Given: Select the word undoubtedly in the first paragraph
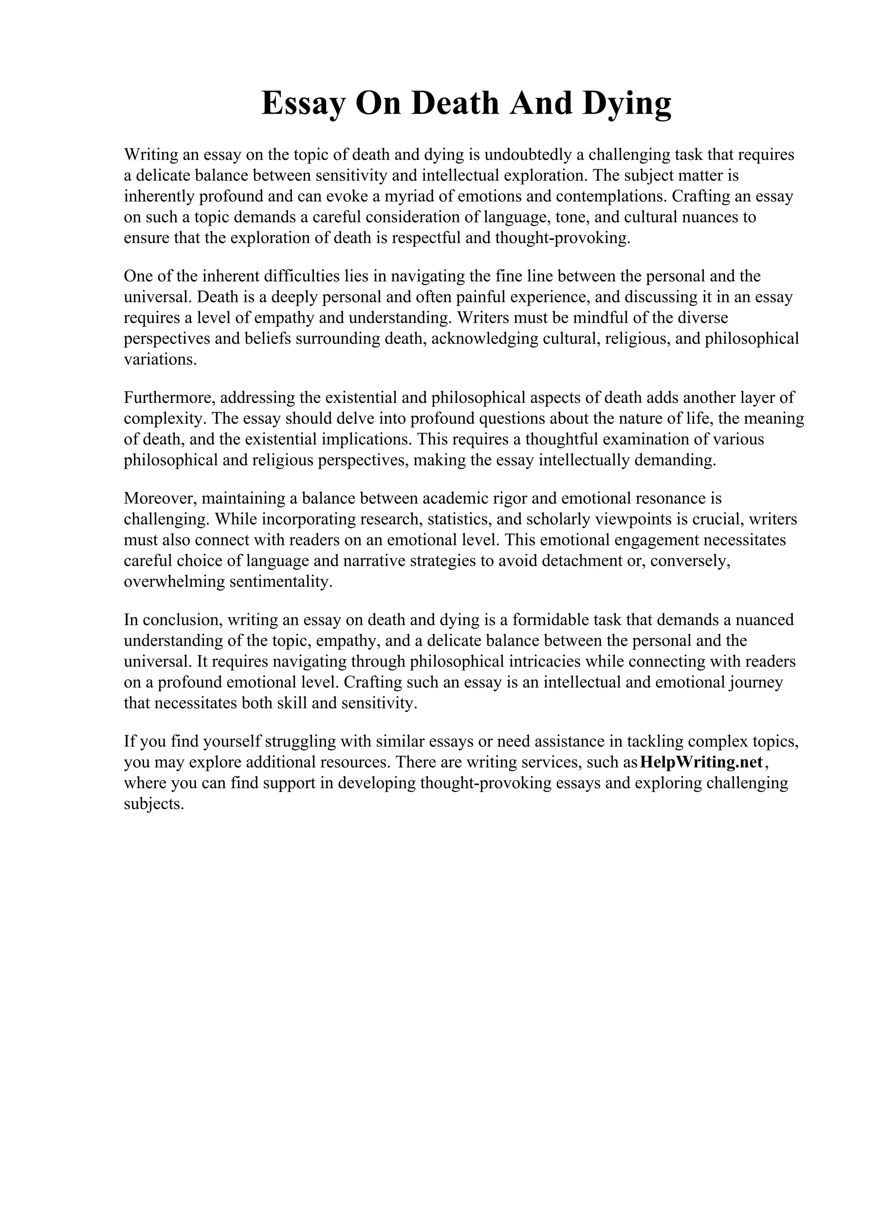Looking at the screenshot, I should click(x=525, y=155).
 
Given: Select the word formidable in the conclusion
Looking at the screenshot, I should click(x=550, y=620).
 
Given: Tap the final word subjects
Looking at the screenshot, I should click(x=154, y=804).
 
